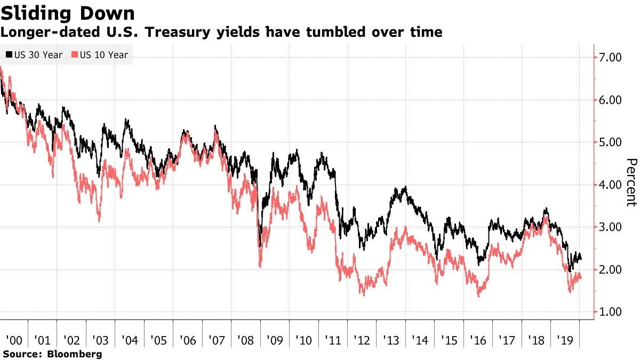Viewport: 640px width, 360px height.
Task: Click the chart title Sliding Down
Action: [x=67, y=12]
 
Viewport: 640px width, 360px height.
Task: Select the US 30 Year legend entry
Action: [x=35, y=54]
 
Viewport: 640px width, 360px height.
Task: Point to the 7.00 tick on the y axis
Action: [x=611, y=58]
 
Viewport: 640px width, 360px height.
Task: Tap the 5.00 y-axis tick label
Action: [x=611, y=142]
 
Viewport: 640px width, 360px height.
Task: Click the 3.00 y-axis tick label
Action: [x=611, y=227]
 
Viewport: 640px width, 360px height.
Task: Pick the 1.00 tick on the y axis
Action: [x=611, y=312]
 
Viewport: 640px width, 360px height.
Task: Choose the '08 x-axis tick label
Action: [x=246, y=339]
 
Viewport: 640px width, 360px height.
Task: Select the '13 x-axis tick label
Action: [x=391, y=339]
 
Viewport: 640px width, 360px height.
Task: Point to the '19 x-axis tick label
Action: [x=565, y=339]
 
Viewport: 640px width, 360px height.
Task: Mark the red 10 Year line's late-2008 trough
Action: [x=260, y=266]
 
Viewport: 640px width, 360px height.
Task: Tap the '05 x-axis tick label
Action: [x=158, y=339]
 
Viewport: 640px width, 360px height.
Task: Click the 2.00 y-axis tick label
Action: [x=611, y=270]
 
